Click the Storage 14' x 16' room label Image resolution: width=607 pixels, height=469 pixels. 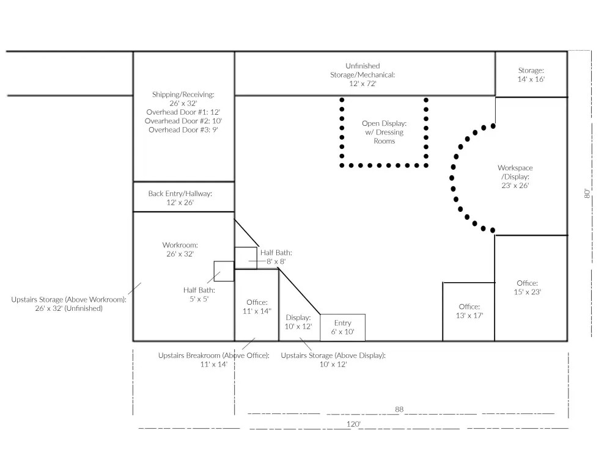531,75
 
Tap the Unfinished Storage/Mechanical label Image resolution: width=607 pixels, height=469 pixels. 362,75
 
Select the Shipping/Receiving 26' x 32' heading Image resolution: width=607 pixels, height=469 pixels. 183,98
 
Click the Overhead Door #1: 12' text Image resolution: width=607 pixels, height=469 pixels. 183,112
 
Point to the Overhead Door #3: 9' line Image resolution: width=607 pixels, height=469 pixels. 183,130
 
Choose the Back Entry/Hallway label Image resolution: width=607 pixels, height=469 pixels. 180,198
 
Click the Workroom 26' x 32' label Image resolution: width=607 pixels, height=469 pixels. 180,249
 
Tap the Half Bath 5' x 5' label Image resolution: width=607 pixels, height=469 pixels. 199,294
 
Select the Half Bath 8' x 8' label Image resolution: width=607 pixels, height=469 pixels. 276,256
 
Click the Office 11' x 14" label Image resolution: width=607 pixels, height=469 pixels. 257,307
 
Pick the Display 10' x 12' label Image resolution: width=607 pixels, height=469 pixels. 298,322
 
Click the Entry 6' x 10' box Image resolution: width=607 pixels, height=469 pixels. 342,327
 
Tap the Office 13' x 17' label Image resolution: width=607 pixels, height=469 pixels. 469,311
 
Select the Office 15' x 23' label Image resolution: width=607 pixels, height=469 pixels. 528,288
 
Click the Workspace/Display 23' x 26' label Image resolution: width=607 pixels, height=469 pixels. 515,176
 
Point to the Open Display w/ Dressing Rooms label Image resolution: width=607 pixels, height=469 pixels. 384,133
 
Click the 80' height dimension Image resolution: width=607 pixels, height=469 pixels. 587,194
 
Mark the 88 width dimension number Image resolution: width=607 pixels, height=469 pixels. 399,409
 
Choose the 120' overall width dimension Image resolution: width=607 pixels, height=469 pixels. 353,424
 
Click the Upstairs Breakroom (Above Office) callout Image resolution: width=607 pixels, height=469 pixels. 214,360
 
